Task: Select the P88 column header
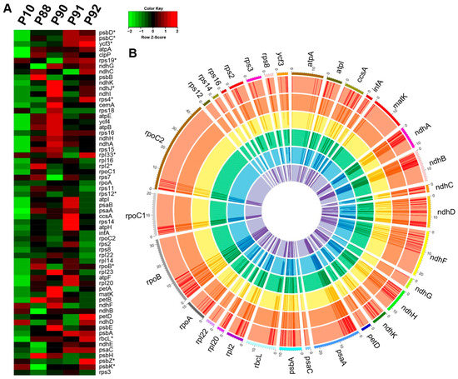click(x=42, y=16)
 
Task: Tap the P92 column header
click(x=87, y=16)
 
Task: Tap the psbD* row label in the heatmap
click(x=107, y=31)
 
